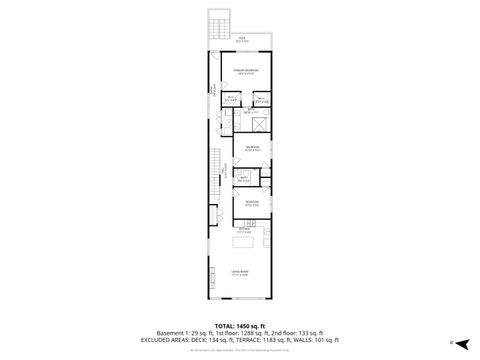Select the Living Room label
(240, 273)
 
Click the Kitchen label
(242, 229)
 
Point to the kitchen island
(242, 241)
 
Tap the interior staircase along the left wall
(214, 165)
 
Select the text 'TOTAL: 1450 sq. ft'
(240, 324)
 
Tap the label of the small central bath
(244, 180)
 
